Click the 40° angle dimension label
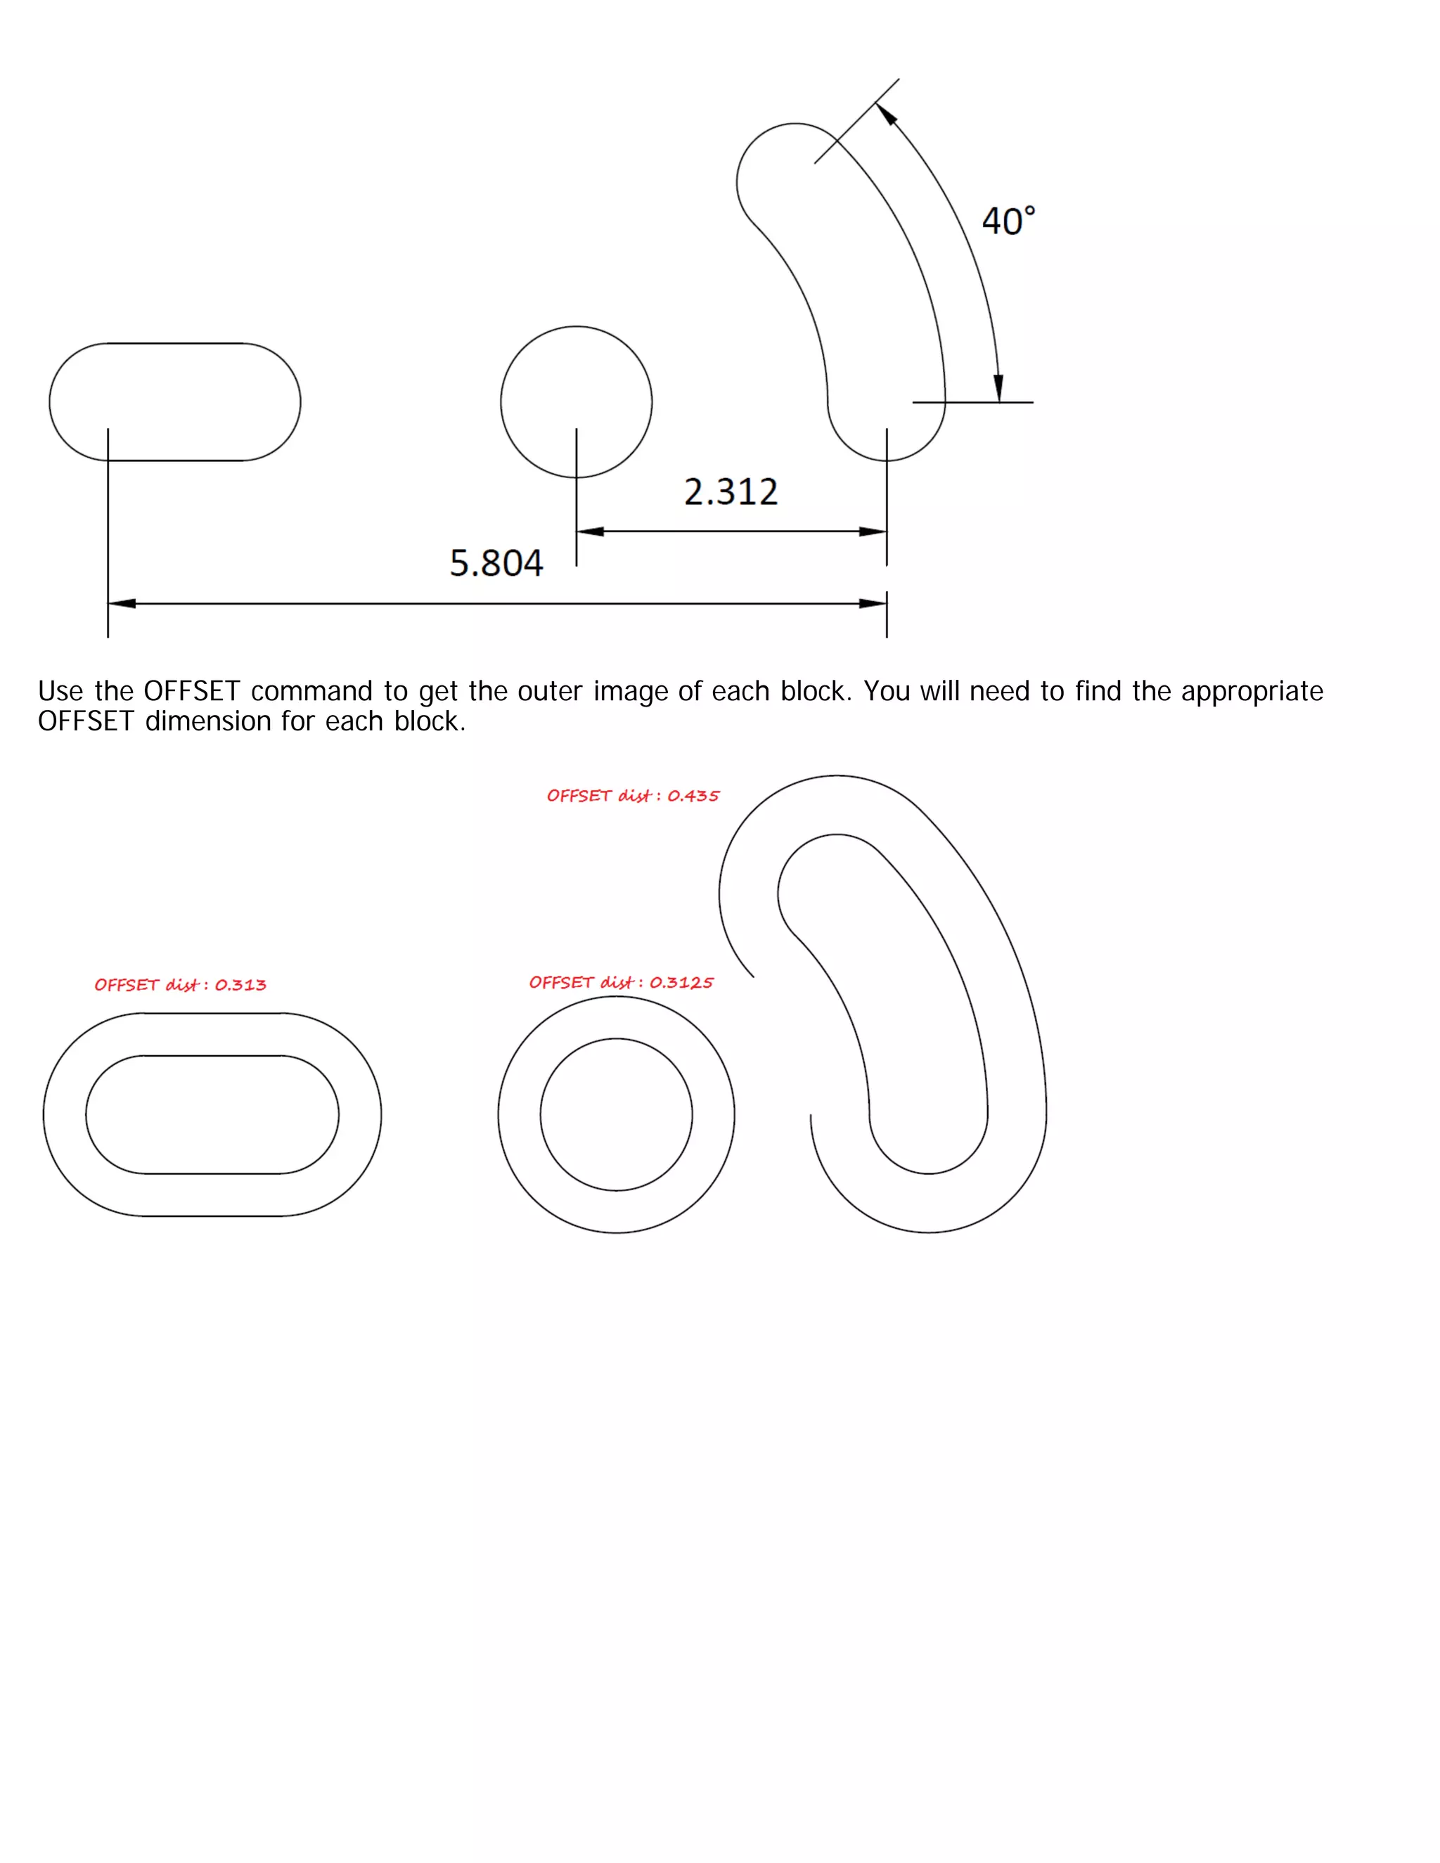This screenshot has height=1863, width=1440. pyautogui.click(x=1008, y=221)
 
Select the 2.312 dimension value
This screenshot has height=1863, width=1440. pyautogui.click(x=731, y=492)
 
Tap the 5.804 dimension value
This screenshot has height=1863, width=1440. pyautogui.click(x=496, y=564)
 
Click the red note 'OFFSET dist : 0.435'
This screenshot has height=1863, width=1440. pyautogui.click(x=633, y=796)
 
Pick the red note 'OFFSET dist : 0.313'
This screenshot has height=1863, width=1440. pyautogui.click(x=180, y=985)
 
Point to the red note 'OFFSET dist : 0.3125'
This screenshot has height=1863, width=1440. pyautogui.click(x=621, y=983)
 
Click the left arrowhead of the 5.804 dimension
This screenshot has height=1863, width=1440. pyautogui.click(x=122, y=604)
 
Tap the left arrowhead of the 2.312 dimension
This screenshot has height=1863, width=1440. pyautogui.click(x=591, y=531)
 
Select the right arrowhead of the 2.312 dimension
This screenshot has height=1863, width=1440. pyautogui.click(x=873, y=531)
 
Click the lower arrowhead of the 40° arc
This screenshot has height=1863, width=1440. pyautogui.click(x=998, y=387)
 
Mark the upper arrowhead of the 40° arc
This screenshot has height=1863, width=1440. pyautogui.click(x=887, y=115)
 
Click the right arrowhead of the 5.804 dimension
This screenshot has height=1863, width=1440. pyautogui.click(x=873, y=604)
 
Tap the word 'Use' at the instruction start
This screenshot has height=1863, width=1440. pyautogui.click(x=60, y=691)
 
